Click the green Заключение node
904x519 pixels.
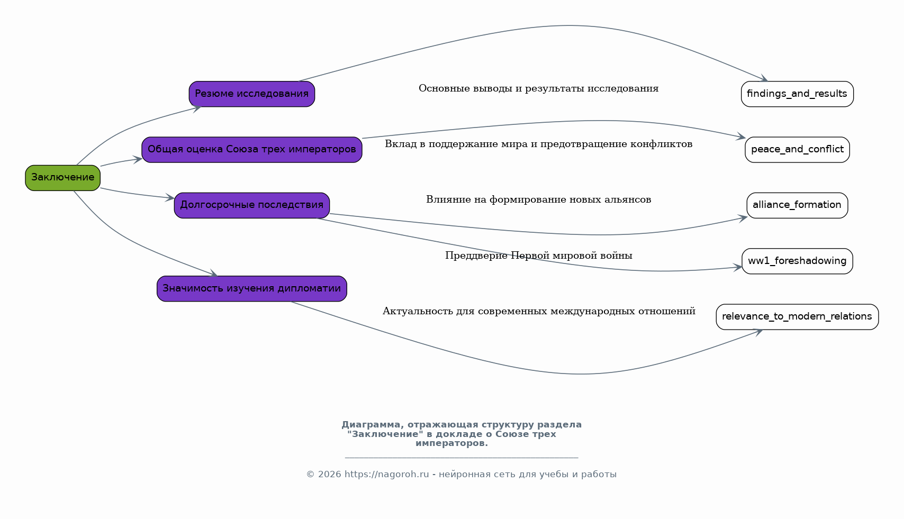(62, 178)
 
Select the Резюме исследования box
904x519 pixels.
(251, 94)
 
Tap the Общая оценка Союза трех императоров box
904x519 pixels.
(251, 150)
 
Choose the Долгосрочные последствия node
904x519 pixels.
(251, 205)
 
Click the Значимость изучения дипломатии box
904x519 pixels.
(251, 289)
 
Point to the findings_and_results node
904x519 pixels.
(797, 94)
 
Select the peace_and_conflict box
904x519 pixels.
(797, 150)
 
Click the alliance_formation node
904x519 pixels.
(797, 205)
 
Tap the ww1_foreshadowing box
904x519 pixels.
(797, 261)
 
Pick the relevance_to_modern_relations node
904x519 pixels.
(797, 317)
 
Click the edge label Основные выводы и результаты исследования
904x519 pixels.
(538, 89)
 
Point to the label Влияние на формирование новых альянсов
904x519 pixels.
(538, 200)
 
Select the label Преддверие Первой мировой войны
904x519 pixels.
(538, 256)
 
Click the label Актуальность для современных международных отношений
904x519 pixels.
(538, 312)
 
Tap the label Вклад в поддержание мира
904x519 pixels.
(538, 144)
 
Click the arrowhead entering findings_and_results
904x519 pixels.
(764, 79)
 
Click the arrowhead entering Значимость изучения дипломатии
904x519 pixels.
(214, 274)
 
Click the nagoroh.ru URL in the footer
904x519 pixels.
(386, 475)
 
